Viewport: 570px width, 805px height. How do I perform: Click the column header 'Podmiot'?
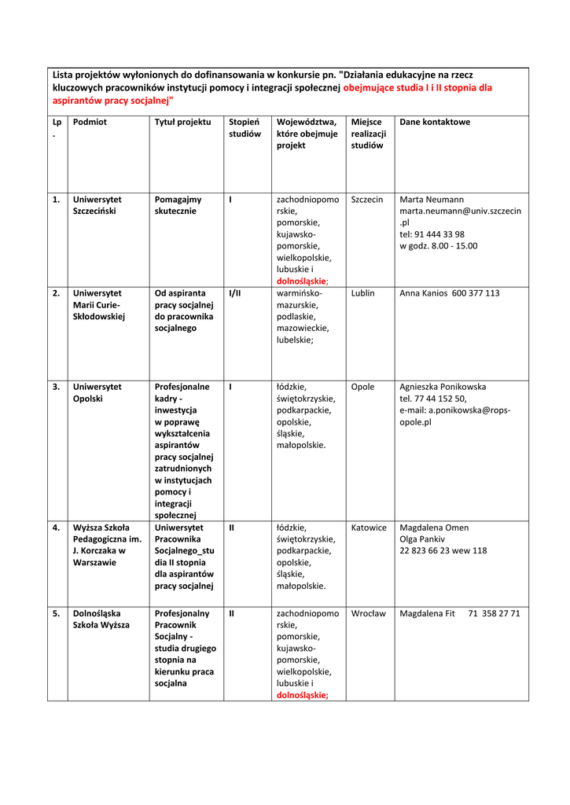point(90,123)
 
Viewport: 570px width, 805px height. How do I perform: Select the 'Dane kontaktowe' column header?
point(435,123)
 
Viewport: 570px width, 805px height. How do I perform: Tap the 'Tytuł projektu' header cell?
point(182,123)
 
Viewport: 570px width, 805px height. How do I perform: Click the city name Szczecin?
point(367,200)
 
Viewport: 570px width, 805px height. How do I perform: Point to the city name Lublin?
point(363,293)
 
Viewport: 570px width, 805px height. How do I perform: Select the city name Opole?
point(362,387)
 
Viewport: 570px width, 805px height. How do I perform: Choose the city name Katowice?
point(369,527)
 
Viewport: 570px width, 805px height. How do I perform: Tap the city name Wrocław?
point(368,613)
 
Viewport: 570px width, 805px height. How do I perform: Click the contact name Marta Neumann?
point(432,200)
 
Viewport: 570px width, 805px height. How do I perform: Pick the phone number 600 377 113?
point(476,293)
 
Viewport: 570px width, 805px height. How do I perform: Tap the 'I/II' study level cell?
point(234,293)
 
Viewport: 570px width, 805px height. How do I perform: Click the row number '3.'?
point(57,387)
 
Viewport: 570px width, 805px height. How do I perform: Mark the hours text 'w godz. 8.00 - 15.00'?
point(438,246)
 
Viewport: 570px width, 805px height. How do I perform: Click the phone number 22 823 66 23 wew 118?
point(443,551)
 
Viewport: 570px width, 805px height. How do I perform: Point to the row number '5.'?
point(57,613)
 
